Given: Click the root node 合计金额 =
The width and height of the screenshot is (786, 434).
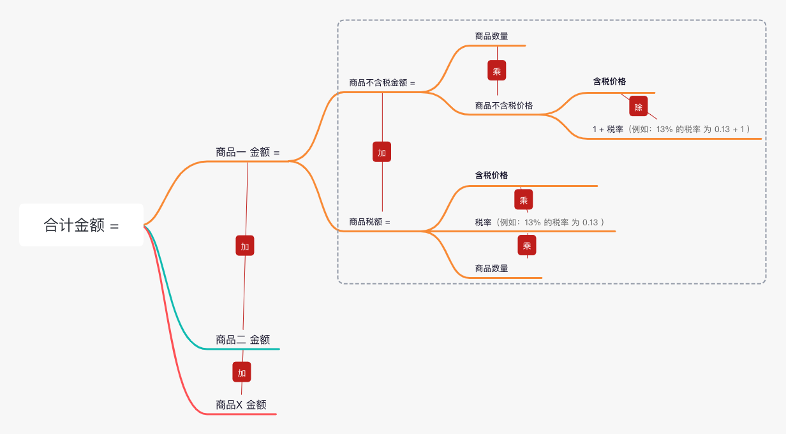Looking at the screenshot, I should pyautogui.click(x=81, y=225).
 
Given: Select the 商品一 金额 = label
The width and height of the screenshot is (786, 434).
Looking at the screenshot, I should pyautogui.click(x=248, y=153).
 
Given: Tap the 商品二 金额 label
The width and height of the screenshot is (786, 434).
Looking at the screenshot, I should pyautogui.click(x=243, y=340).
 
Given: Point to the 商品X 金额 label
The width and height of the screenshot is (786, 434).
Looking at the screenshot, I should pyautogui.click(x=241, y=405).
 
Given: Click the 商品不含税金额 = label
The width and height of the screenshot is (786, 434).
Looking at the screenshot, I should pyautogui.click(x=382, y=83).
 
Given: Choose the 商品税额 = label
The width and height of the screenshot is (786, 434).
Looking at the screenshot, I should pyautogui.click(x=369, y=222).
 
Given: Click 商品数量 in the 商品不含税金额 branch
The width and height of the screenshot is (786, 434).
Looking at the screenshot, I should pyautogui.click(x=491, y=36).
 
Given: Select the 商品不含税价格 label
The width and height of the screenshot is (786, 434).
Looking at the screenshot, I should pyautogui.click(x=504, y=105).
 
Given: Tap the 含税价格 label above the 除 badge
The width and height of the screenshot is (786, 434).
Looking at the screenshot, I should pyautogui.click(x=609, y=82).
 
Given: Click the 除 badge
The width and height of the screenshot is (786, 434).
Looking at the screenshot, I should pyautogui.click(x=639, y=106).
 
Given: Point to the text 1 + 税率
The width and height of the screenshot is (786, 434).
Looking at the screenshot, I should pyautogui.click(x=607, y=130).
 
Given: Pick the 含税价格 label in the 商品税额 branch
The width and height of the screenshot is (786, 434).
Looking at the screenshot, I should pyautogui.click(x=491, y=175).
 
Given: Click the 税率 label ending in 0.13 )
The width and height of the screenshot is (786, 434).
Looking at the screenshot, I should pyautogui.click(x=539, y=222).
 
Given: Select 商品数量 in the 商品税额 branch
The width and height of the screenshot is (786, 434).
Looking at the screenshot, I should pyautogui.click(x=491, y=269).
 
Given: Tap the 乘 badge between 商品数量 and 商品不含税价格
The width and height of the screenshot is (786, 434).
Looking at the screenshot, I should pyautogui.click(x=497, y=71).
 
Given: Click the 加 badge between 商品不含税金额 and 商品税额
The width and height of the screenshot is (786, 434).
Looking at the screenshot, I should pyautogui.click(x=382, y=153).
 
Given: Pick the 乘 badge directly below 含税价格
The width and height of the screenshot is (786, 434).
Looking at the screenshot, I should pyautogui.click(x=523, y=200).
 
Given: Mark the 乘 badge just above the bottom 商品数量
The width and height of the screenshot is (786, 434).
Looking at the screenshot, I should pyautogui.click(x=527, y=246).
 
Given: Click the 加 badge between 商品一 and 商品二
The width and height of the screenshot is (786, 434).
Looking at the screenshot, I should pyautogui.click(x=245, y=246).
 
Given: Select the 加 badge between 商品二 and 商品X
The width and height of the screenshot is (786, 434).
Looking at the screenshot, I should pyautogui.click(x=242, y=372).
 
